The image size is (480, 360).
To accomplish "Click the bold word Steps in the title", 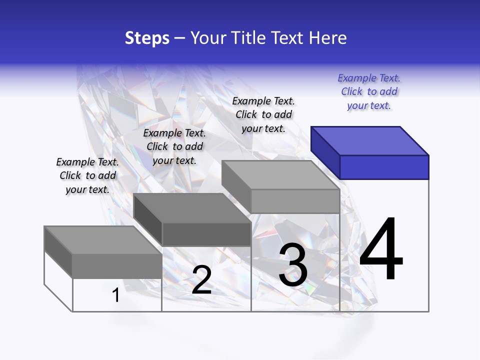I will coord(147,38).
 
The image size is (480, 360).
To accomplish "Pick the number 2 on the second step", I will coord(201,280).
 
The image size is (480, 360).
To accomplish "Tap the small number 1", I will coord(115,295).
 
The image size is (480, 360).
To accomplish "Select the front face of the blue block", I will coord(384,167).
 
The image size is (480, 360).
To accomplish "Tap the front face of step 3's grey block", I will coord(295,201).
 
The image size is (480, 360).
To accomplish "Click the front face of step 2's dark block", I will coord(206,234).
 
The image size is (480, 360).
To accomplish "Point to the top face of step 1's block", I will coord(103,240).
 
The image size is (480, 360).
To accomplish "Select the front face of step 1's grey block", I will coord(117,266).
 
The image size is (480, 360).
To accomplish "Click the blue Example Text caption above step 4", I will coord(369,91).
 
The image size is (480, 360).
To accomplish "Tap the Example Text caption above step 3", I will coord(263,114).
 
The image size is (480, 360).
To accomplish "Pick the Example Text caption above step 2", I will coord(174,146).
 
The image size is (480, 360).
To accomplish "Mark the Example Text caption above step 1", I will coord(87,175).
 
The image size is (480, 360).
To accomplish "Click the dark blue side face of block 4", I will coord(325,152).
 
